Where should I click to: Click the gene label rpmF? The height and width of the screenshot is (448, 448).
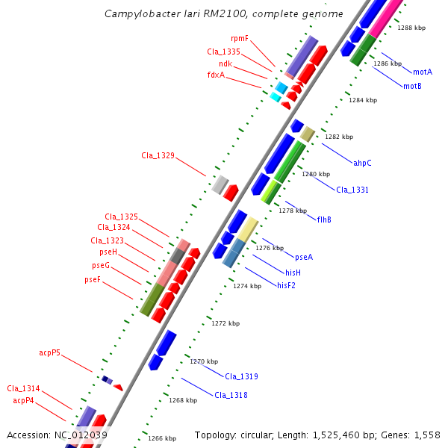point(240,38)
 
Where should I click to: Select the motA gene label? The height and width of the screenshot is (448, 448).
point(423,72)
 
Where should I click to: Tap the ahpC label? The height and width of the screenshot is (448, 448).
point(362,163)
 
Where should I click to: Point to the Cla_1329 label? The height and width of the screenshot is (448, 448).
point(158,155)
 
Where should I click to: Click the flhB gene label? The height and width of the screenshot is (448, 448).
point(324,220)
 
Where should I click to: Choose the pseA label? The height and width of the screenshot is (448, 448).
point(304,257)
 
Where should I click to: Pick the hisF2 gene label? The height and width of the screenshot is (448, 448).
point(287,285)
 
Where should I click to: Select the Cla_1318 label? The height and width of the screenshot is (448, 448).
point(231,395)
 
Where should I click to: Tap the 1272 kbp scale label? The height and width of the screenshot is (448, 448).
point(225,323)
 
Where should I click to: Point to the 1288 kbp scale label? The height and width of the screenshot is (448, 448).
point(411,28)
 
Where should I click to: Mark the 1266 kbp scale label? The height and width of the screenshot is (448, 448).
point(162,438)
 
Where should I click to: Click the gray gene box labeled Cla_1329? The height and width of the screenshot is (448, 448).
point(220,184)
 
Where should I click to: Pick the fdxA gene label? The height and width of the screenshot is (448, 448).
point(216,75)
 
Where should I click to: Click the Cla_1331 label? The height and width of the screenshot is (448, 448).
point(352,190)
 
